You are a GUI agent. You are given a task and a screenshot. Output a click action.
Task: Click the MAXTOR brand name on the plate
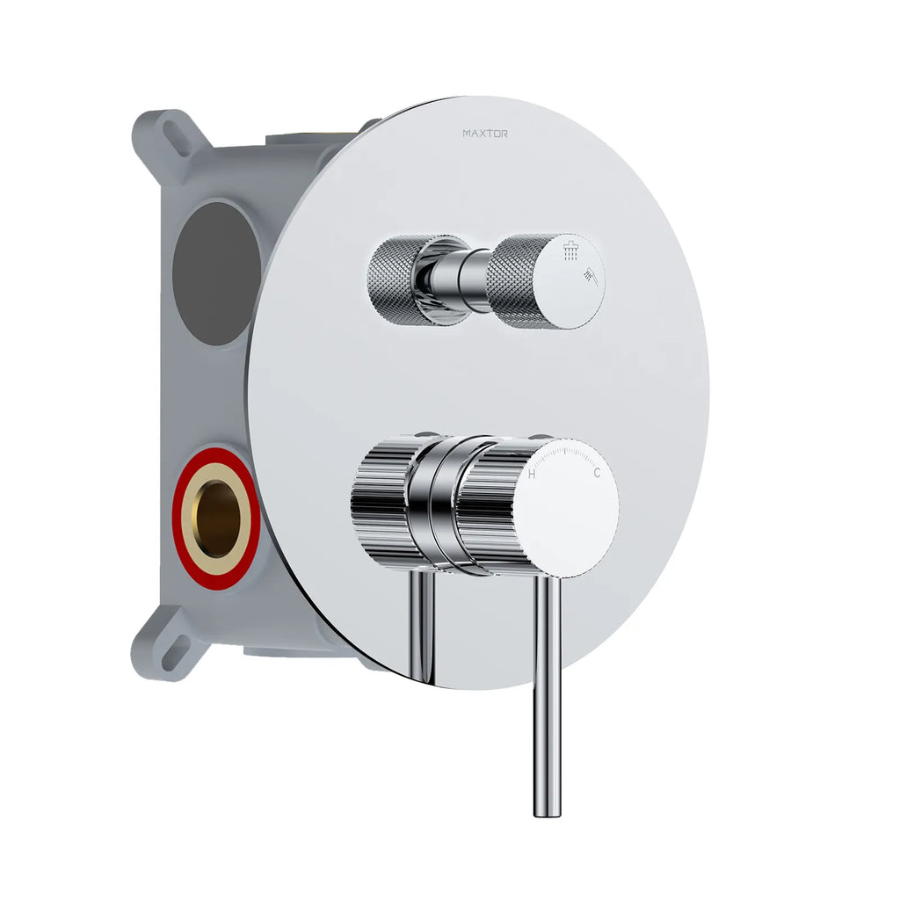pyautogui.click(x=485, y=134)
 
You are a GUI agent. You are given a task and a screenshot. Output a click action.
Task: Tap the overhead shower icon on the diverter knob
pyautogui.click(x=571, y=251)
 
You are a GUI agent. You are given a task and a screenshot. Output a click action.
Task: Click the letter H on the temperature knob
pyautogui.click(x=532, y=474)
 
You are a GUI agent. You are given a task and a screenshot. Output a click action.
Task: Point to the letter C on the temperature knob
pyautogui.click(x=597, y=473)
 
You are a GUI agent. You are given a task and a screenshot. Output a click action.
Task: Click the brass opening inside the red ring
pyautogui.click(x=216, y=519)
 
